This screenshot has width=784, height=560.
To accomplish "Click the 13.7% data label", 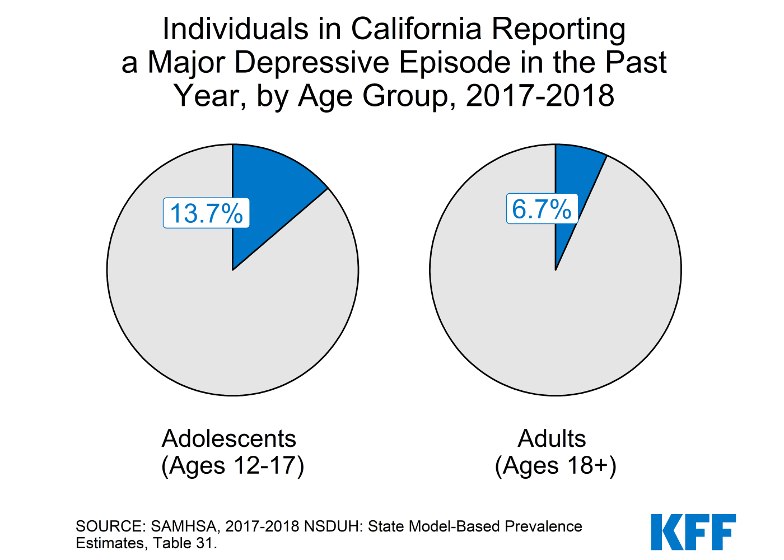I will [206, 213].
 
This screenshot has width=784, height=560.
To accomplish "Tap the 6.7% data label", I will [542, 209].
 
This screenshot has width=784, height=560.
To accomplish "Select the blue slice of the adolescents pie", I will [269, 185].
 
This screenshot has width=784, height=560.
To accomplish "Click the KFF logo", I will [693, 532].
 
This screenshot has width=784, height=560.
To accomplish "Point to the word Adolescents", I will [229, 438].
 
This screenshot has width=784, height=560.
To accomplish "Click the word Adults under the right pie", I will [552, 438].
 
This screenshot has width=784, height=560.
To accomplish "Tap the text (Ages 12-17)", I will [233, 466].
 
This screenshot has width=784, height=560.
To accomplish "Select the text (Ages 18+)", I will [556, 466].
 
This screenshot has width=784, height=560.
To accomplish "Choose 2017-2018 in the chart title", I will [540, 96].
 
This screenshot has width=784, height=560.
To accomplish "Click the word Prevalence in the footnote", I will [543, 526].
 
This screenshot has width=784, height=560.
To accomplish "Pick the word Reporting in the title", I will [558, 29].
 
